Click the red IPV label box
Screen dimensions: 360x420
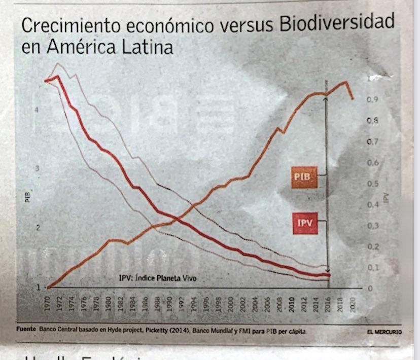point(304,223)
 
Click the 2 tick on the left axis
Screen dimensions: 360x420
point(37,227)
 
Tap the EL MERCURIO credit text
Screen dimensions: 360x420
point(384,332)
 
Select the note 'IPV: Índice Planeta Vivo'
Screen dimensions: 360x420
point(157,278)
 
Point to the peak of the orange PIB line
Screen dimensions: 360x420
point(345,82)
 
